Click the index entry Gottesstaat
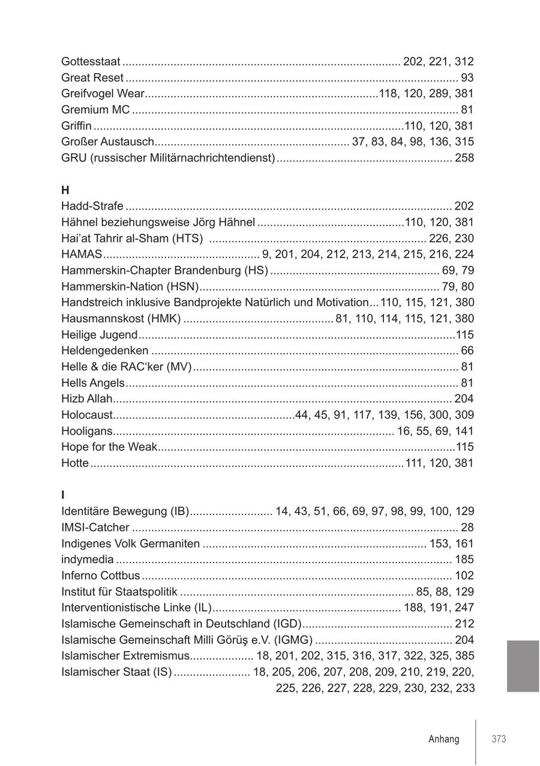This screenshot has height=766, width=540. click(x=91, y=61)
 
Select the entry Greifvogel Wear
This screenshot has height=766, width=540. click(x=103, y=94)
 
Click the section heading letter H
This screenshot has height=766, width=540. click(x=65, y=190)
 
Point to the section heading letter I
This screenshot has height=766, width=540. click(x=63, y=495)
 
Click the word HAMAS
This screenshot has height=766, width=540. click(x=82, y=254)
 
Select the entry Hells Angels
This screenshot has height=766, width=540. click(x=93, y=383)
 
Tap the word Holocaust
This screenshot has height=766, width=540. click(x=87, y=415)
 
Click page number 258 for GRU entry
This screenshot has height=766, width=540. click(x=464, y=158)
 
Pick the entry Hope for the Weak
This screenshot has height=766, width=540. click(x=109, y=447)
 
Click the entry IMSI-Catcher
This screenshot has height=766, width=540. click(x=95, y=528)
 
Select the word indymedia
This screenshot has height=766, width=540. click(x=88, y=559)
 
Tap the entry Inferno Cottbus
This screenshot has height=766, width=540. click(x=101, y=576)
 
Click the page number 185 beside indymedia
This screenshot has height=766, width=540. click(x=464, y=559)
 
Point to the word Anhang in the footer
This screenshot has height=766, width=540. click(x=444, y=739)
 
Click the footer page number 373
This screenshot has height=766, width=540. click(x=499, y=739)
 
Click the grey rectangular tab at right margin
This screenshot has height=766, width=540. click(x=523, y=666)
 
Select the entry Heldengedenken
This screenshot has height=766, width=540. click(x=105, y=351)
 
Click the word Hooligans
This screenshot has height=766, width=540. click(x=87, y=431)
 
